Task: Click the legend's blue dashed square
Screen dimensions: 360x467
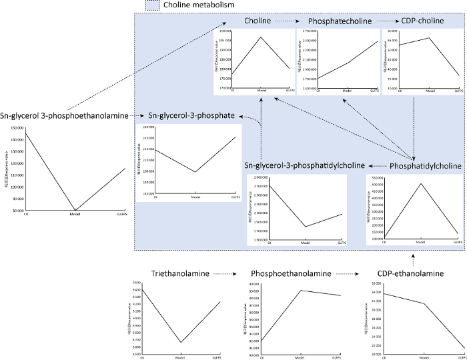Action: point(151,5)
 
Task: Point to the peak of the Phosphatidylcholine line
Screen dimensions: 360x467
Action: point(420,183)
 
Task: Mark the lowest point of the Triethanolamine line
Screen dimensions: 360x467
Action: point(180,343)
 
